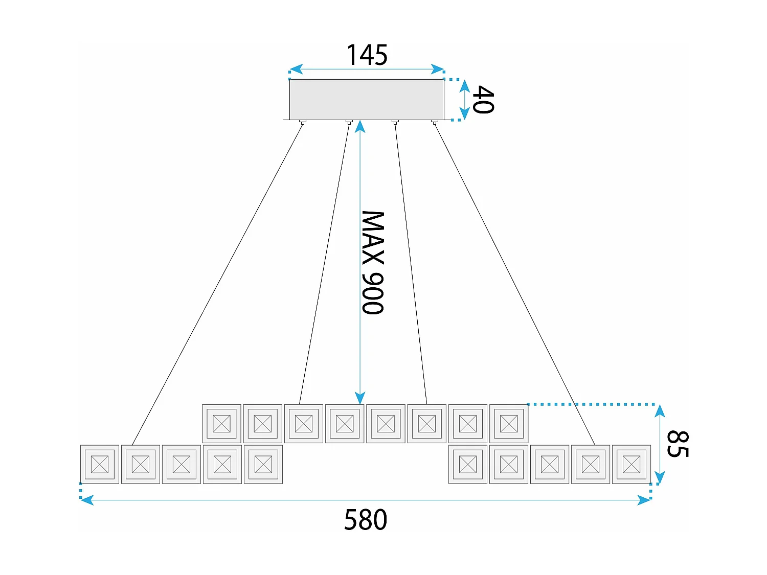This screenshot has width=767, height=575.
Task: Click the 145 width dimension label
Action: coord(367,55)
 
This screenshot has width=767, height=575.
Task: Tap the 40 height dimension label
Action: coord(483,100)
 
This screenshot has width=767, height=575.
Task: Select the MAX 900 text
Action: coord(373,262)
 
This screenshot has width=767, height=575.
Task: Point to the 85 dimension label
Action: coord(678,444)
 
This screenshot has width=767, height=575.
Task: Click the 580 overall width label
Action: coord(366,520)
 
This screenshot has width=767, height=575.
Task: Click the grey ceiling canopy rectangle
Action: coord(367,99)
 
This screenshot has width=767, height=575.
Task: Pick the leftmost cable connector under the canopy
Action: coord(302,122)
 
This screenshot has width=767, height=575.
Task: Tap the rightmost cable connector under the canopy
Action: coord(434,122)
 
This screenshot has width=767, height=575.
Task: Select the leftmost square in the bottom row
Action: coord(100,464)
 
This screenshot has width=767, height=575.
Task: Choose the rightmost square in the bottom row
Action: coord(631,464)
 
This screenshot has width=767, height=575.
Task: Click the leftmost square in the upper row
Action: coord(221,423)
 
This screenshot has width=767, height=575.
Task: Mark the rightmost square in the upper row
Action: coord(509,423)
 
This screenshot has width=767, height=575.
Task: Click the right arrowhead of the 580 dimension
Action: coord(644,500)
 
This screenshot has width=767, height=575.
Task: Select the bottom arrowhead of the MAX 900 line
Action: coord(360,398)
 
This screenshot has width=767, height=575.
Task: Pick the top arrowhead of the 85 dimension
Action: coord(660,410)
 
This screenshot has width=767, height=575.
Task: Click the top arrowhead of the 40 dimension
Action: coord(464,85)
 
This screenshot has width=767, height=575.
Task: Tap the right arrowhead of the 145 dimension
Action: coord(438,69)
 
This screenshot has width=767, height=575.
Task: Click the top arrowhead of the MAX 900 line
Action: coord(360,126)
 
